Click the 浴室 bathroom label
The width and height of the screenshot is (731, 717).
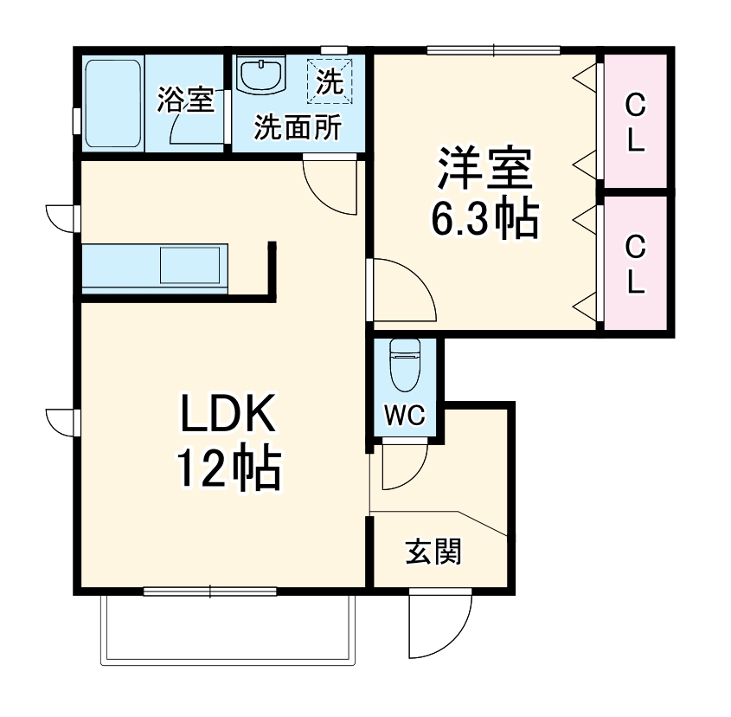click(184, 100)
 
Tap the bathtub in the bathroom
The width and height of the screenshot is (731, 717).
click(113, 101)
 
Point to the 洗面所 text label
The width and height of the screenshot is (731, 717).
click(297, 128)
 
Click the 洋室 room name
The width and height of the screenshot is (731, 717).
click(484, 171)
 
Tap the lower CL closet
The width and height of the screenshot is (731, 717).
click(635, 264)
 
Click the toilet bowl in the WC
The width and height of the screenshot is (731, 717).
click(405, 364)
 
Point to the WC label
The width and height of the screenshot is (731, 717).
click(405, 417)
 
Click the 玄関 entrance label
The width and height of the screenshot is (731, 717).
click(433, 552)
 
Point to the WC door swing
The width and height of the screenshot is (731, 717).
click(401, 464)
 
